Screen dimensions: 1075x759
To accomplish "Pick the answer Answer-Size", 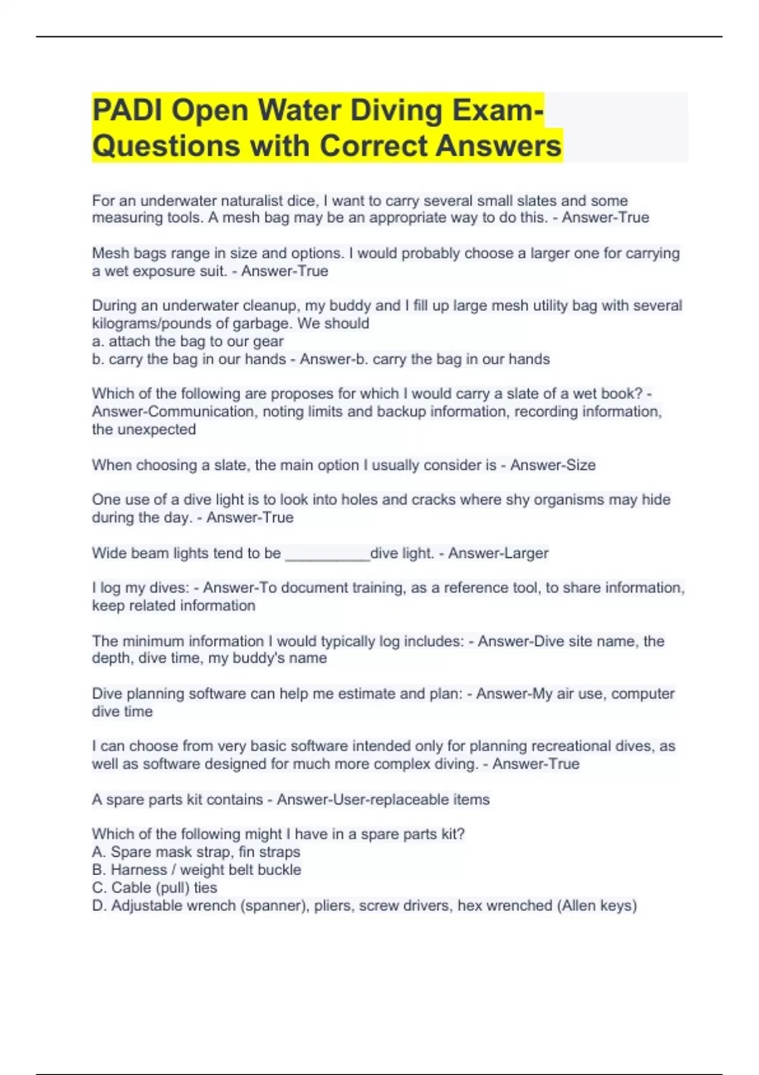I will [553, 465].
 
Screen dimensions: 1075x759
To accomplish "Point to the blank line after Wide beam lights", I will [327, 554].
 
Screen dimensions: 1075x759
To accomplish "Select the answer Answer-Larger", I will [498, 553].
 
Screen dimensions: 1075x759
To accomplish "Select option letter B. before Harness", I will [99, 870].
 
